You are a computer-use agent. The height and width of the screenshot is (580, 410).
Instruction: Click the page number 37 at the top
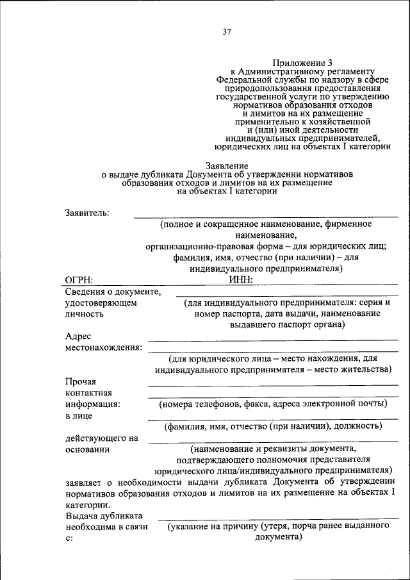227,31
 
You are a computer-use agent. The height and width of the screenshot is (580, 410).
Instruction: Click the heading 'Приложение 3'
303,62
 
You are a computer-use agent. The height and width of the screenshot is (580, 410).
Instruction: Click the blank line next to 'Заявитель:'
265,217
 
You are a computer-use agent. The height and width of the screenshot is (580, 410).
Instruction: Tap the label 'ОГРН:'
79,279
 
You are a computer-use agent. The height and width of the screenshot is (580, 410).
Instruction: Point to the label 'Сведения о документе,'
113,292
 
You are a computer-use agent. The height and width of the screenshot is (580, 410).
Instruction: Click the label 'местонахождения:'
104,347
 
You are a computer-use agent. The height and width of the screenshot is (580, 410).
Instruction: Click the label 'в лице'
79,415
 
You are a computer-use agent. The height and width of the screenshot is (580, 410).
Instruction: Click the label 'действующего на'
102,438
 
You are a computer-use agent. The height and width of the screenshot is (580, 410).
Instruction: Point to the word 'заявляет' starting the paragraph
85,481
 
